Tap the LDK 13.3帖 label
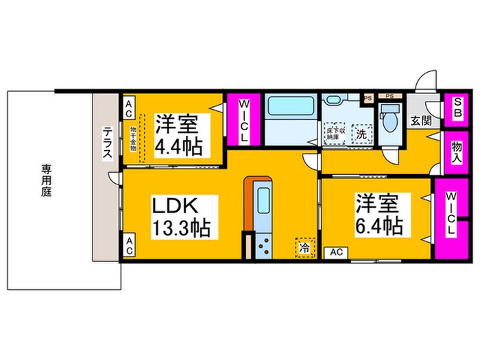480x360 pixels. [x=181, y=216]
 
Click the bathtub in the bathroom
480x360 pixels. [x=289, y=110]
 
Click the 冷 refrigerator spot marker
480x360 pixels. [x=302, y=245]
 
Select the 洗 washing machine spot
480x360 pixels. [x=361, y=134]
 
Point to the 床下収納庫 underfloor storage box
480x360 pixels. [x=334, y=133]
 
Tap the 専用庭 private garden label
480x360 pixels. [x=46, y=180]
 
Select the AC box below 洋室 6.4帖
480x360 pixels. [x=336, y=252]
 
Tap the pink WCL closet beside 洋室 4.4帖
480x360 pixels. [x=243, y=119]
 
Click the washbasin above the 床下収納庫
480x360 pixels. [x=334, y=100]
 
